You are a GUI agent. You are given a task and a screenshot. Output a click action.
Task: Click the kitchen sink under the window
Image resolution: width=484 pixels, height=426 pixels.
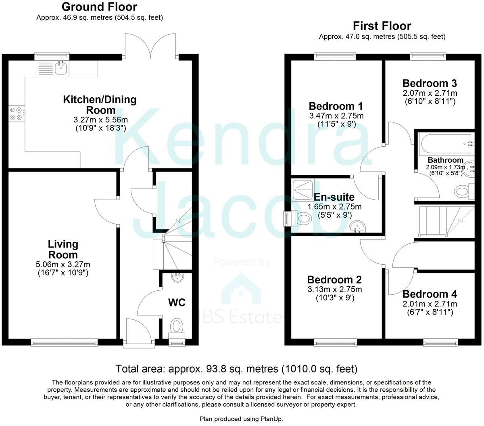point(60,69)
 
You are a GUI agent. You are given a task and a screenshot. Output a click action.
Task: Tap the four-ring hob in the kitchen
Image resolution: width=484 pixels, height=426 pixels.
point(16,113)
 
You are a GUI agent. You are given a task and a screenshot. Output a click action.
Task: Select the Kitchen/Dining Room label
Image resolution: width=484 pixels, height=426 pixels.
point(100,105)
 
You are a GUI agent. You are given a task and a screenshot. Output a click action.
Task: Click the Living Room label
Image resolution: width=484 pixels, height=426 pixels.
point(63,249)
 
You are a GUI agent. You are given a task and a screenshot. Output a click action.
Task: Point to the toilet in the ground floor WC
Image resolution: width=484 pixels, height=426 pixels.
point(176,325)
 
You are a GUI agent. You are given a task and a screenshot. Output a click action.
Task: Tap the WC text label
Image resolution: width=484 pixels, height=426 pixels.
point(177,302)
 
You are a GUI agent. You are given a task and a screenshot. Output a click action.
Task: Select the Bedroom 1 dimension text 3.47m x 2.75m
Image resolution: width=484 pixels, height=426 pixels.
point(336,116)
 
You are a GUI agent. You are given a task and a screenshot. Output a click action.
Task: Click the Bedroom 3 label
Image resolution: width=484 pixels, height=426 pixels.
point(430,84)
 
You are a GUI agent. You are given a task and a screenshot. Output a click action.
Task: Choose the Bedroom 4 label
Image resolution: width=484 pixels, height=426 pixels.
point(430,294)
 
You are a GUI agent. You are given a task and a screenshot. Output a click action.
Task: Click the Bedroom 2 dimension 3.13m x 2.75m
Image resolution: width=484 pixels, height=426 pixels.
point(334,290)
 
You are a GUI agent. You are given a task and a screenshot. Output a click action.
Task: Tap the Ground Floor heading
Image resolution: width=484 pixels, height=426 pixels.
point(99,7)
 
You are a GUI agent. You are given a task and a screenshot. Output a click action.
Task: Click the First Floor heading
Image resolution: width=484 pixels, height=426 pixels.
point(382,26)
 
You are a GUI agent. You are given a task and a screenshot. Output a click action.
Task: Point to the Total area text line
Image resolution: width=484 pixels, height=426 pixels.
point(236,369)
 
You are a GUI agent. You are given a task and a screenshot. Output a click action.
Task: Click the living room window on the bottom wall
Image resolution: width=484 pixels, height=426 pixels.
point(65,343)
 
